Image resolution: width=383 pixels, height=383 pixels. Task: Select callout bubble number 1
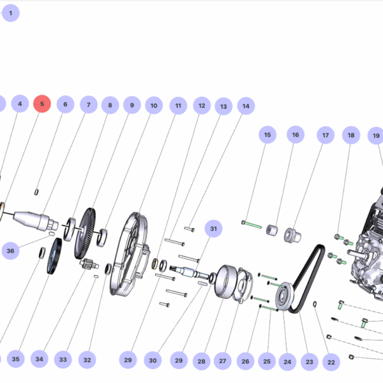[x=10, y=12]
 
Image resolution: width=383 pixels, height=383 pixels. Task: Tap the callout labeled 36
[x=10, y=251]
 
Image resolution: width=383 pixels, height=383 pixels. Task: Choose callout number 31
[x=213, y=229]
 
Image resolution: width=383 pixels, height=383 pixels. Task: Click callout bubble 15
[x=267, y=135]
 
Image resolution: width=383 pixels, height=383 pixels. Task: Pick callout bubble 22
[x=330, y=362]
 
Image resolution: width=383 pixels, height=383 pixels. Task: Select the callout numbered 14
[x=245, y=106]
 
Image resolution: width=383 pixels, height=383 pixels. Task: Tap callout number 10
[x=153, y=105]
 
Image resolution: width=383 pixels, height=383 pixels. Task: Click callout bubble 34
[x=40, y=359]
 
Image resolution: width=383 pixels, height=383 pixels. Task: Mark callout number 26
[x=246, y=361]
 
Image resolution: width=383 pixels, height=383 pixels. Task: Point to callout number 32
[x=87, y=360]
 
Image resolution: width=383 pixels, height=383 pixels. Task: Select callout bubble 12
[x=202, y=106]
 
